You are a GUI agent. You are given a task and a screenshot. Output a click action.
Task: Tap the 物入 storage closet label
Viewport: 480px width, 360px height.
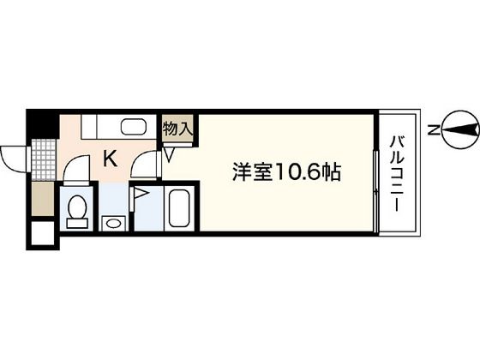(177, 129)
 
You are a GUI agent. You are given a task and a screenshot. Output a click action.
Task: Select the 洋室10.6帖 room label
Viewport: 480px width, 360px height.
(286, 172)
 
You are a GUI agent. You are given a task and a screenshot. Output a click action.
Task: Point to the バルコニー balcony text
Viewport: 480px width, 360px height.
(399, 172)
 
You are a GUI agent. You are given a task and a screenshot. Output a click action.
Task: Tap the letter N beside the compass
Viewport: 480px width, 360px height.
(435, 130)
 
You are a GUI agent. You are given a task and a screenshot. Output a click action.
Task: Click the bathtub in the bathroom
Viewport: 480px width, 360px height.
(179, 208)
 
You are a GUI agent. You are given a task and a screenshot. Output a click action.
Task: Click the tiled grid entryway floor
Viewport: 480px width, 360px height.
(42, 159)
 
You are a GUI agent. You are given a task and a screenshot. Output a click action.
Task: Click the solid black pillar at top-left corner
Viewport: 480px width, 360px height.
(38, 126)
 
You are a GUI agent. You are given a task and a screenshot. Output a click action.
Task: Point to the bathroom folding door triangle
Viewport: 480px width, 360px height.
(141, 198)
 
